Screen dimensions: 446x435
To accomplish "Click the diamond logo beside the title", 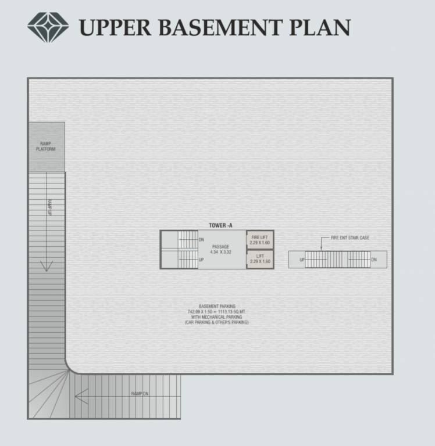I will pyautogui.click(x=48, y=27).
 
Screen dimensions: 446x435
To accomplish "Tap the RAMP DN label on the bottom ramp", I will pyautogui.click(x=140, y=394).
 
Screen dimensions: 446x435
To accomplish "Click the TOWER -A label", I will pyautogui.click(x=221, y=225).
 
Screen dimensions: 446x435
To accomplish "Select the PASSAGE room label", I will pyautogui.click(x=220, y=247).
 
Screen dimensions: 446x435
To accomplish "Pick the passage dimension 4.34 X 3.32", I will pyautogui.click(x=220, y=253).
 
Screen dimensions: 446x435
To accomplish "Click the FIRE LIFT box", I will pyautogui.click(x=260, y=240).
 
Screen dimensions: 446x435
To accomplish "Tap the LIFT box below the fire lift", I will pyautogui.click(x=260, y=259).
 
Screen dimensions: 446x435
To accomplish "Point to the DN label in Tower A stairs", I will pyautogui.click(x=201, y=239).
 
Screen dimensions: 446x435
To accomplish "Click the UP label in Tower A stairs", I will pyautogui.click(x=201, y=260).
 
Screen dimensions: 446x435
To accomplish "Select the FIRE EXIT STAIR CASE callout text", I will pyautogui.click(x=350, y=238).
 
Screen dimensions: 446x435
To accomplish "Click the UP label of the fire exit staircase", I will pyautogui.click(x=302, y=260).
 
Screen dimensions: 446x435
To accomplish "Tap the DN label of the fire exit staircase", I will pyautogui.click(x=374, y=260).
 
